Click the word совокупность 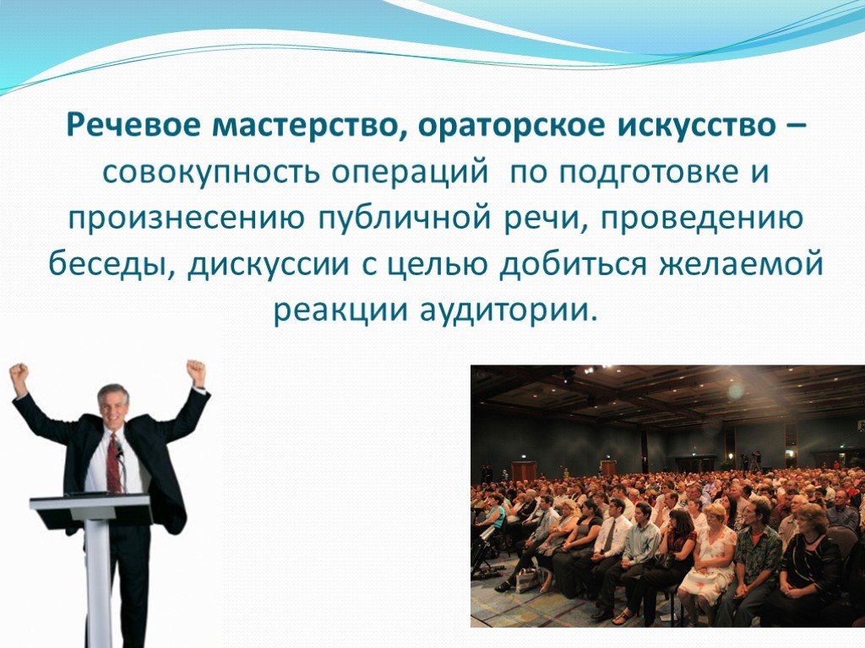pos(209,173)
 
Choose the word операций pos(411,173)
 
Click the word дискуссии pos(268,264)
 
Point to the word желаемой pos(740,264)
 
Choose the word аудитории pos(508,310)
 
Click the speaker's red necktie pos(114,463)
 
